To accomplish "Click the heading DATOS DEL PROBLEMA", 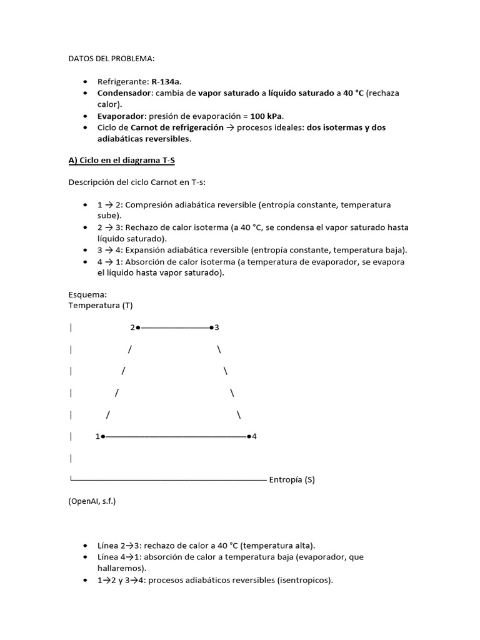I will pyautogui.click(x=110, y=59).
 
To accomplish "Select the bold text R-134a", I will pyautogui.click(x=167, y=82).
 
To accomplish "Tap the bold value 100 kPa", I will pyautogui.click(x=266, y=116).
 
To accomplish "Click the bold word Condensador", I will pyautogui.click(x=124, y=93).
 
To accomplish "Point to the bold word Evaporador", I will pyautogui.click(x=120, y=116).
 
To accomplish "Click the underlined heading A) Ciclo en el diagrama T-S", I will pyautogui.click(x=121, y=160).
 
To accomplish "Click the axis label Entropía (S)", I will pyautogui.click(x=292, y=480).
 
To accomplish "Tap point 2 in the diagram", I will pyautogui.click(x=137, y=327).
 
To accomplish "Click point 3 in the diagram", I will pyautogui.click(x=212, y=327).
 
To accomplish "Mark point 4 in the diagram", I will pyautogui.click(x=249, y=437).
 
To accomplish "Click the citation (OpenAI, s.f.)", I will pyautogui.click(x=92, y=501).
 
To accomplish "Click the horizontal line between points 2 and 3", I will pyautogui.click(x=175, y=327).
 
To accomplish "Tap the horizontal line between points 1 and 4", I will pyautogui.click(x=175, y=437).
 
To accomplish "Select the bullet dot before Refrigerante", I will pyautogui.click(x=85, y=82).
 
